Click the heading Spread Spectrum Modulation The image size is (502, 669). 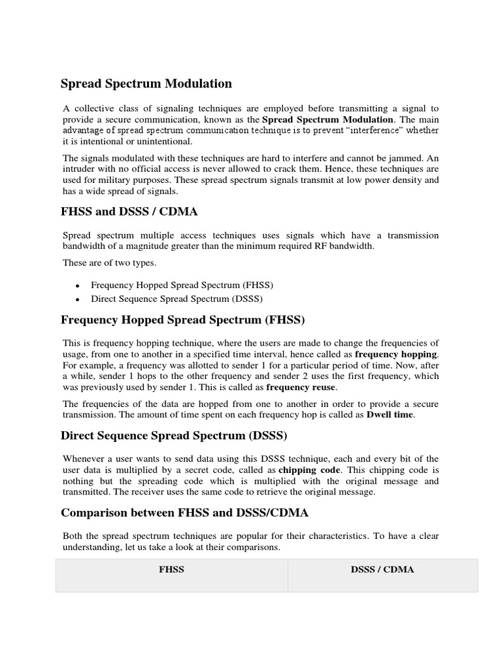click(146, 84)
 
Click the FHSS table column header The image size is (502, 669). click(172, 570)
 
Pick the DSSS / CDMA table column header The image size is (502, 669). click(382, 570)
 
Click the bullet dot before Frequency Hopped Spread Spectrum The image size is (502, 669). click(78, 286)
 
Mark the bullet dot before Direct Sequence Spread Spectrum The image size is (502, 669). click(78, 299)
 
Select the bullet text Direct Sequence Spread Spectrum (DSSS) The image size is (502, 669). click(176, 299)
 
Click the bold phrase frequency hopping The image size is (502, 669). click(396, 353)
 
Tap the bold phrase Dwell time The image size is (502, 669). click(390, 415)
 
